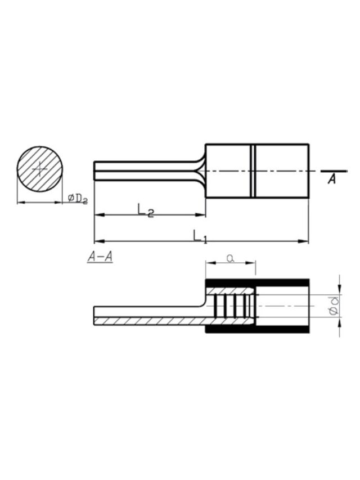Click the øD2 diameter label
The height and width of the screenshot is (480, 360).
[x=78, y=199]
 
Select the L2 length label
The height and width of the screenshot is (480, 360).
[x=146, y=210]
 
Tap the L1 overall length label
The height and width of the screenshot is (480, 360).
[x=200, y=236]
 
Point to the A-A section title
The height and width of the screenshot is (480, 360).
[x=100, y=257]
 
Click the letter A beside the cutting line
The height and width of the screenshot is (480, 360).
[x=332, y=179]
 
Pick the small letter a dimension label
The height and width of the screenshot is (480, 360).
[x=231, y=259]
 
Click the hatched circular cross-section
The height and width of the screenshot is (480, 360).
[x=40, y=169]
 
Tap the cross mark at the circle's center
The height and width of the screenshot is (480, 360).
[x=40, y=169]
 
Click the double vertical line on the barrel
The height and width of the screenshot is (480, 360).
[x=253, y=171]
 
